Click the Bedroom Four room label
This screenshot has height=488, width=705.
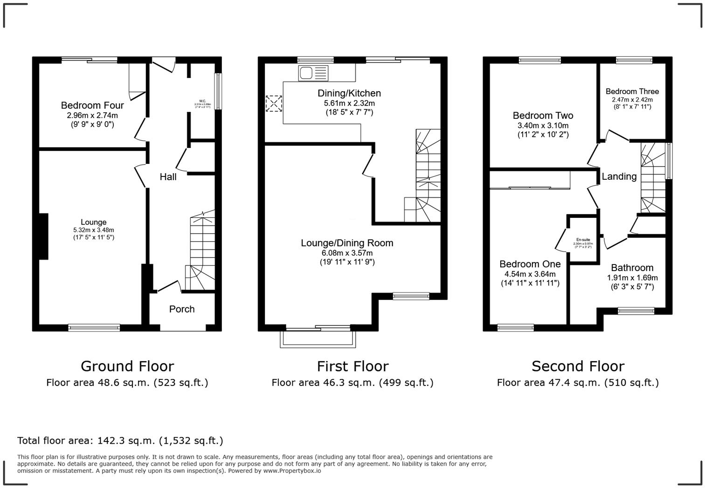pos(92,105)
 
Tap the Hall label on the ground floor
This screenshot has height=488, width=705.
pos(168,177)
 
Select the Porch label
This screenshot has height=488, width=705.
pos(182,309)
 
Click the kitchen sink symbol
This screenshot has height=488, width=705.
pos(313,73)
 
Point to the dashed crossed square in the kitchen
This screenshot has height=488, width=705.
pos(274,103)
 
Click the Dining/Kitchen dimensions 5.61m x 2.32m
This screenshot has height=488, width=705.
pos(349,103)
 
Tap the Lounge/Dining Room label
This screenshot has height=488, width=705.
pos(347,243)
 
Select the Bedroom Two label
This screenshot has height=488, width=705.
pos(543,115)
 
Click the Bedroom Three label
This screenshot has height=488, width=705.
pos(632,91)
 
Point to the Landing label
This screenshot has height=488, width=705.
pos(619,176)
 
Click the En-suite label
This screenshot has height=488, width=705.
pos(583,240)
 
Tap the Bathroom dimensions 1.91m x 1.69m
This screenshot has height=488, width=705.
pos(632,278)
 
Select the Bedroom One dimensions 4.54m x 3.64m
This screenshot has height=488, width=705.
pos(530,274)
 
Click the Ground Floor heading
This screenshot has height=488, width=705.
pos(127,366)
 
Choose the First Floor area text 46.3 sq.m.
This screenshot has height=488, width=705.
pos(352,383)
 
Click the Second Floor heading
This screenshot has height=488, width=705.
pos(578,366)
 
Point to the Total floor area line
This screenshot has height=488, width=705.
pos(120,441)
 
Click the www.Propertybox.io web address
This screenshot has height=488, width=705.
pos(292,471)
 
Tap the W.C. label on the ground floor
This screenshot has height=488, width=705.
pos(202,101)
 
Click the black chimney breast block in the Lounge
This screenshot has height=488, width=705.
pos(43,236)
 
